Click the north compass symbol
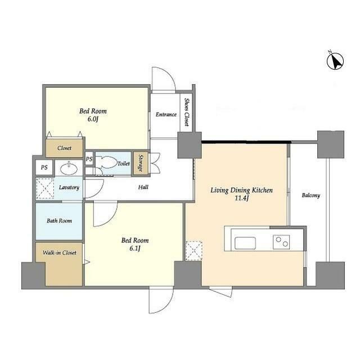point(335,61)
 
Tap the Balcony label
point(311,195)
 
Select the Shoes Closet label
point(187,112)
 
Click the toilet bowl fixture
point(106,163)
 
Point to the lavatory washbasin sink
point(69,169)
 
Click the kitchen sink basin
point(245,243)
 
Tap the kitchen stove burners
point(281,242)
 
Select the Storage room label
point(141,163)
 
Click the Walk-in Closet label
point(60,253)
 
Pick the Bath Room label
point(59,221)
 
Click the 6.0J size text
point(93,119)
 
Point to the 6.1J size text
point(134,249)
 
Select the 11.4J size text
point(241,199)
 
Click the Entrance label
point(166,114)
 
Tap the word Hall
point(143,187)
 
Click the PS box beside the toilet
point(89,159)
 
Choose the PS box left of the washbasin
point(44,168)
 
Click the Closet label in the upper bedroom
point(64,148)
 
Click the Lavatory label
point(69,187)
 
